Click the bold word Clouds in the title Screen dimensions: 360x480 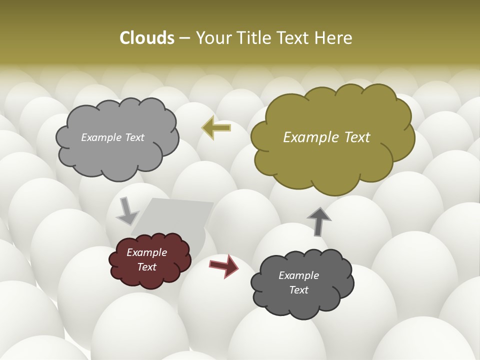tap(147, 38)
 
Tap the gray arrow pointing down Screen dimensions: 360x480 tap(127, 211)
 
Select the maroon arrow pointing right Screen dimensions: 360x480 tap(224, 265)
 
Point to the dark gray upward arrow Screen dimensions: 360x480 tap(319, 220)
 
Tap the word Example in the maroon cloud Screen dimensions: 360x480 tap(146, 252)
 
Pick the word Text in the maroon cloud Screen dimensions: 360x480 tap(146, 267)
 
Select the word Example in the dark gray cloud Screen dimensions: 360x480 tap(298, 275)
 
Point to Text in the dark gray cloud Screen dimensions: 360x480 tap(298, 290)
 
